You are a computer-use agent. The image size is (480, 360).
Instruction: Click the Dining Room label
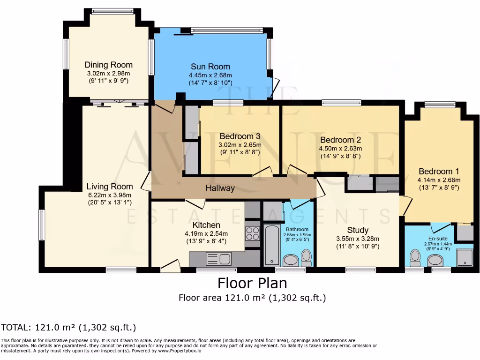point(109,65)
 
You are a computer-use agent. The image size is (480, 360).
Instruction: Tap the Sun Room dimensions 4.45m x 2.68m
point(210,75)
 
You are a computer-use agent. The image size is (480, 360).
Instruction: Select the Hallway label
point(220,188)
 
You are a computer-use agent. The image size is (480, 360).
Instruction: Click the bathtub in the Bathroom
point(272,245)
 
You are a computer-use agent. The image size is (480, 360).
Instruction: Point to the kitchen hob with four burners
point(253,233)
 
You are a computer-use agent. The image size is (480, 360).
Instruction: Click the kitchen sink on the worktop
point(219,259)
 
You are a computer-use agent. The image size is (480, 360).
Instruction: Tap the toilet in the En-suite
point(415,258)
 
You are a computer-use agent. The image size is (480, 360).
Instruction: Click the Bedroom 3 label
point(240,136)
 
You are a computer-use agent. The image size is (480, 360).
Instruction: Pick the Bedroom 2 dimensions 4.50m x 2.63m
point(340,149)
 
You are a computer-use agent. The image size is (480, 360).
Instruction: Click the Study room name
point(358,230)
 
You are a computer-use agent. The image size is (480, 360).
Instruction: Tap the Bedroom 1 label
point(439,172)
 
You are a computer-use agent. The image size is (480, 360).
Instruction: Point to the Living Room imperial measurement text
point(110,202)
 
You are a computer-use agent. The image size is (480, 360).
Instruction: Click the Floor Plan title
point(252,283)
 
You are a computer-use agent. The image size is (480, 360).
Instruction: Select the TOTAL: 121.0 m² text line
point(68,328)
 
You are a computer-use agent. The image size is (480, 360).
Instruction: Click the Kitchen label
point(206,225)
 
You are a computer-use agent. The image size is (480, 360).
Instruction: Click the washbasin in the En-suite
point(435,261)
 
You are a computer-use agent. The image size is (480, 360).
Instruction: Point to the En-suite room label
point(438,239)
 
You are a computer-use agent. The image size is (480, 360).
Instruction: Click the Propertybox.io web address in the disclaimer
point(180,351)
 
